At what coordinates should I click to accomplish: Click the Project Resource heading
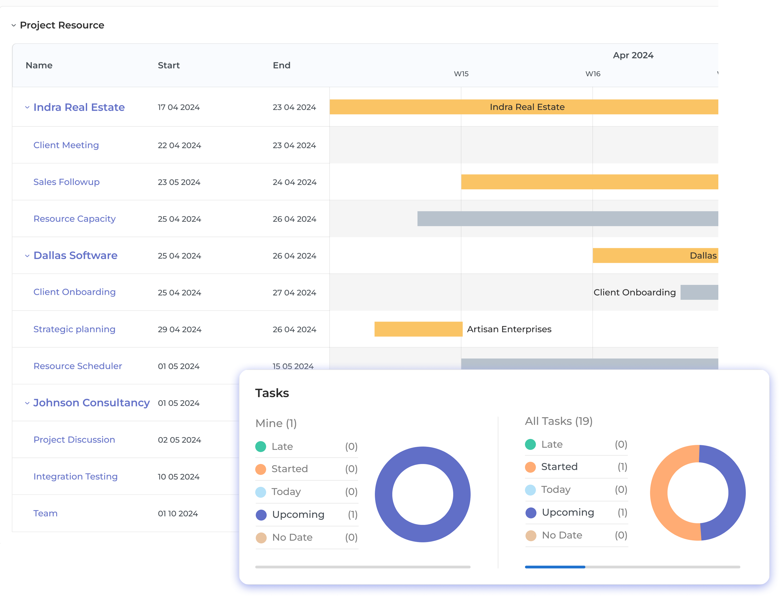click(62, 25)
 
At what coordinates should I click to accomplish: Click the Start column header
click(169, 66)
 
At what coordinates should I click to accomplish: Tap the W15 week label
click(461, 74)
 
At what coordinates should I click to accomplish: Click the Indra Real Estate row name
click(79, 107)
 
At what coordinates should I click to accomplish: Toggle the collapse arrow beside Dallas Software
click(27, 256)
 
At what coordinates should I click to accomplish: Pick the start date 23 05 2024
click(179, 182)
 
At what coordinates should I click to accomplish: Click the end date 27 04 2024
click(294, 293)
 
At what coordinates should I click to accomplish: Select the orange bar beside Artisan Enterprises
click(418, 329)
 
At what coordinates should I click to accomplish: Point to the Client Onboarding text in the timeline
click(634, 292)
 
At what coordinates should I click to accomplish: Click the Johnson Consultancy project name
click(91, 403)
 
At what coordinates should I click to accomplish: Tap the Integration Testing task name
click(75, 477)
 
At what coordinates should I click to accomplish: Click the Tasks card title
click(272, 393)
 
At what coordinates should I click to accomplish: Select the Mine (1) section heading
click(276, 424)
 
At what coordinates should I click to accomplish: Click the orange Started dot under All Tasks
click(530, 467)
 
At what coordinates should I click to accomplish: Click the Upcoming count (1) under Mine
click(352, 515)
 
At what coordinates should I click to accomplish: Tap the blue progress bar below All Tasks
click(555, 567)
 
